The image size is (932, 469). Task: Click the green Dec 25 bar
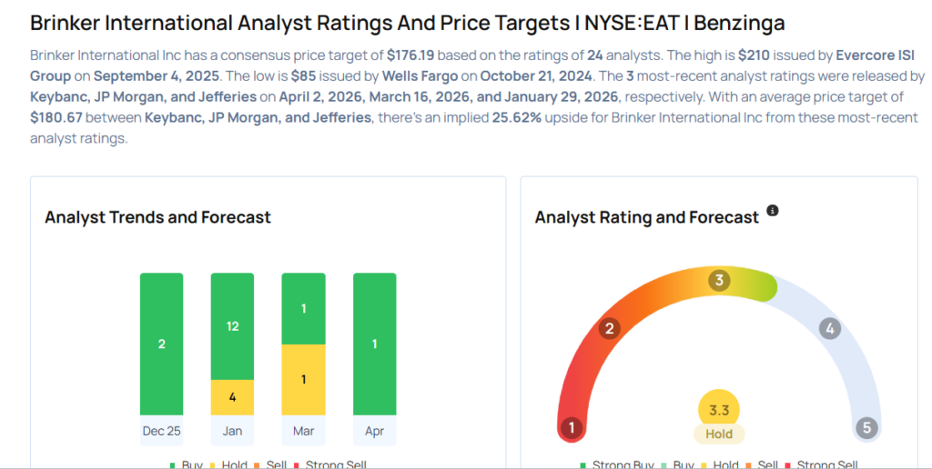161,344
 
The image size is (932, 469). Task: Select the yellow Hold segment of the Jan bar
232,396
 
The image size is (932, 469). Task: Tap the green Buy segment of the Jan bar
232,325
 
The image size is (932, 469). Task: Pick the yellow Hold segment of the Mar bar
303,379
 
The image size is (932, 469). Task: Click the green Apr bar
374,344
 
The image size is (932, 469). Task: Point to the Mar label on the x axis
303,431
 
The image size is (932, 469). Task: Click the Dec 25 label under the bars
161,431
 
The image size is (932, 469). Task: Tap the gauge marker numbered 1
572,427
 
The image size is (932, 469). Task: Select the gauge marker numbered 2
611,328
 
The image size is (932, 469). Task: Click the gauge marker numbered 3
719,280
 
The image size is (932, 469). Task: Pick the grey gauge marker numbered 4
828,328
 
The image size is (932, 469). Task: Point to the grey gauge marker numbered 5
866,427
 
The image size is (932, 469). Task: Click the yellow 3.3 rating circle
719,410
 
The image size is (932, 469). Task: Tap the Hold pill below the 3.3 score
719,434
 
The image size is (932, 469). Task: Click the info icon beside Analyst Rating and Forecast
773,211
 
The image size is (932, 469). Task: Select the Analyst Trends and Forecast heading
157,217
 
